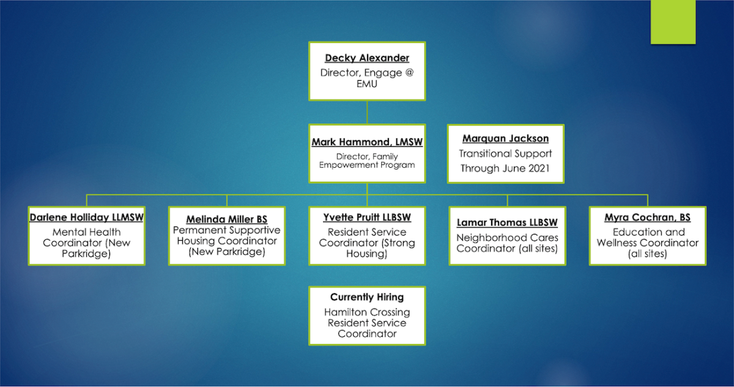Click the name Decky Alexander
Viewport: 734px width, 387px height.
point(367,58)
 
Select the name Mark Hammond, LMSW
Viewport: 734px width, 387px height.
point(367,142)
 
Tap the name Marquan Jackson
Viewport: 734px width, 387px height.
point(506,138)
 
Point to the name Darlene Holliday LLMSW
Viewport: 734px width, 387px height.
point(86,217)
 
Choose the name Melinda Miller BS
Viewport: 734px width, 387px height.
point(227,219)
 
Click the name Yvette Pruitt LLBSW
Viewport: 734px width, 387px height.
point(367,217)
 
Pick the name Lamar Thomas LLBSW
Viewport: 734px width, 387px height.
point(507,222)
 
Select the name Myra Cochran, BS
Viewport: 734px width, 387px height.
point(648,217)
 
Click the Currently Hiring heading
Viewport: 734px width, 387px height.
point(367,297)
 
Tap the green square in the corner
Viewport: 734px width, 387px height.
point(673,21)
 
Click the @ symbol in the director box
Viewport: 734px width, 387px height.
point(409,72)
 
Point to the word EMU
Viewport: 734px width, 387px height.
point(367,84)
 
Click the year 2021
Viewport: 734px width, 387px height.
point(539,168)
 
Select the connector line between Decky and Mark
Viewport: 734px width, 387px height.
point(367,112)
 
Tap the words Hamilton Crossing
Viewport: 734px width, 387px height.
point(367,312)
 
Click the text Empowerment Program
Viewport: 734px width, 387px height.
point(367,165)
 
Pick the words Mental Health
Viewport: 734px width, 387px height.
point(86,232)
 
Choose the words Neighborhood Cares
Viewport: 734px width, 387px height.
point(507,238)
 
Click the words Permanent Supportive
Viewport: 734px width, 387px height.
point(227,230)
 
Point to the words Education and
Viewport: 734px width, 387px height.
point(649,232)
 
